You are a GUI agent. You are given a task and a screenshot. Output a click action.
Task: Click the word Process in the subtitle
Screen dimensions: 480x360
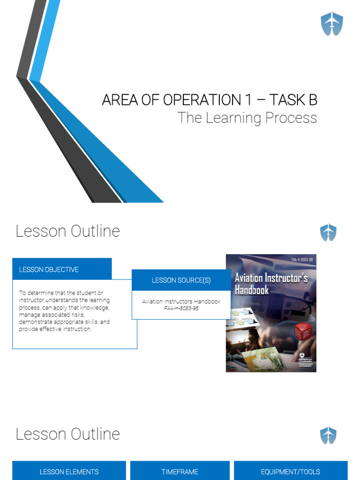coord(291,118)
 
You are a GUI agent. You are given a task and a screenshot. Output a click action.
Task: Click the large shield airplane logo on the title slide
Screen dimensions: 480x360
coord(331,24)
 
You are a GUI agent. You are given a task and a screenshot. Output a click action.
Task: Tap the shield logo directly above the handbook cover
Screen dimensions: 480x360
coord(328,232)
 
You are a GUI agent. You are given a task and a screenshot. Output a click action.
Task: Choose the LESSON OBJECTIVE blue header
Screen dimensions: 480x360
coord(62,270)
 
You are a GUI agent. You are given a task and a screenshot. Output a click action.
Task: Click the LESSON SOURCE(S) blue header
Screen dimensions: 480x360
coord(181,280)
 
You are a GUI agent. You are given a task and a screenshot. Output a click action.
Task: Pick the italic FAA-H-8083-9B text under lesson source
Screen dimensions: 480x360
coord(181,308)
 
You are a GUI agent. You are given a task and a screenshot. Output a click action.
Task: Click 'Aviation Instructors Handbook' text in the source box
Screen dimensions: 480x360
coord(181,301)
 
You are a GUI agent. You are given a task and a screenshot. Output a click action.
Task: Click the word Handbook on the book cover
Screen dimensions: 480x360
coord(252,290)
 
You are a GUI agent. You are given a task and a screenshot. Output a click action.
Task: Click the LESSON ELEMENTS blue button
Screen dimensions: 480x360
coord(69,472)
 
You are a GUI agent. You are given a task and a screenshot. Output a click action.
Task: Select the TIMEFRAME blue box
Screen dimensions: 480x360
coord(180,472)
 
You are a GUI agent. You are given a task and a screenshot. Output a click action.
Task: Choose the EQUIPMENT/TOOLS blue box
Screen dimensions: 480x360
coord(290,472)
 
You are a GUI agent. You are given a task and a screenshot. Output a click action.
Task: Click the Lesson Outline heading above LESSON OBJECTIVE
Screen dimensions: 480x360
coord(68,231)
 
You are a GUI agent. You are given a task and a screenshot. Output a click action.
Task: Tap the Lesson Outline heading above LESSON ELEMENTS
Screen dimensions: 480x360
coord(68,434)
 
